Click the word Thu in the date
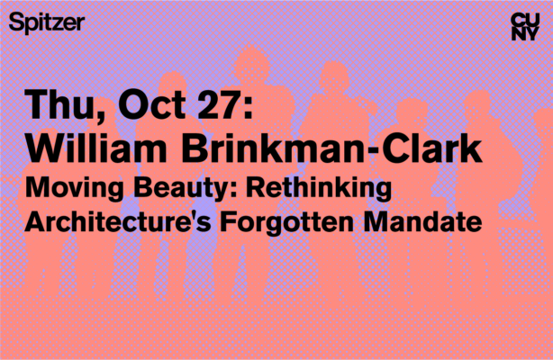[59, 107]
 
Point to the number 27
[225, 107]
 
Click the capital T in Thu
[39, 107]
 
